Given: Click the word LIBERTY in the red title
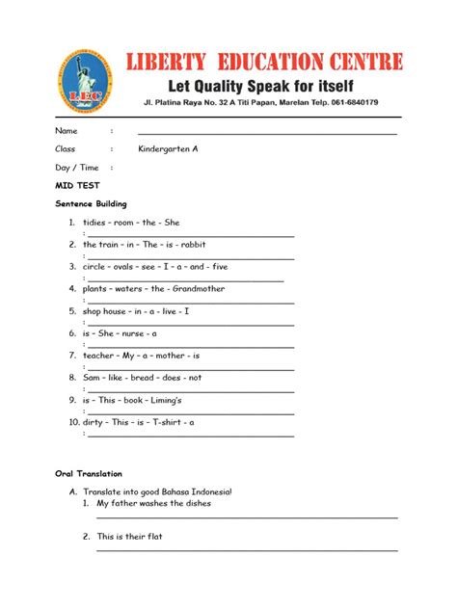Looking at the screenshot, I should click(177, 64).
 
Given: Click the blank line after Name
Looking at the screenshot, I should click(267, 132).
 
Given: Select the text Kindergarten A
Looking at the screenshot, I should click(168, 149).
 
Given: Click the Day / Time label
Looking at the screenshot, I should click(77, 168).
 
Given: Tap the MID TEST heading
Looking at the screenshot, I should click(78, 185).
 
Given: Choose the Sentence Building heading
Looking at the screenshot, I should click(91, 204).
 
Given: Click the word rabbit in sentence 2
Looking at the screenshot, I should click(193, 245).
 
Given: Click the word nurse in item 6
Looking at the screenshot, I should click(133, 333).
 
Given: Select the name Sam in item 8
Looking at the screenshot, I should click(92, 378).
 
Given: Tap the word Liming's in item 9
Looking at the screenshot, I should click(165, 400).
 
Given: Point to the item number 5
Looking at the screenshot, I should click(71, 311).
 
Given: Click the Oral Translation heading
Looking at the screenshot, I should click(89, 474).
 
